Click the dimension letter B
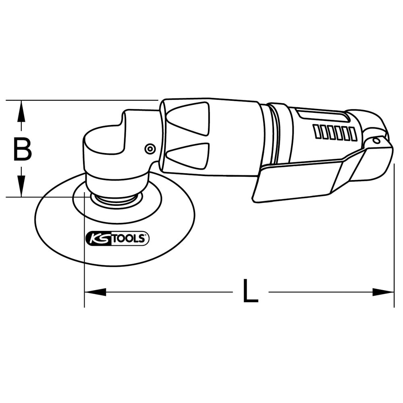22,149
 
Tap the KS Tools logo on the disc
117,238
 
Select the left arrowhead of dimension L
96,292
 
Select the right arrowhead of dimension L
383,292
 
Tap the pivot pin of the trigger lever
376,140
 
